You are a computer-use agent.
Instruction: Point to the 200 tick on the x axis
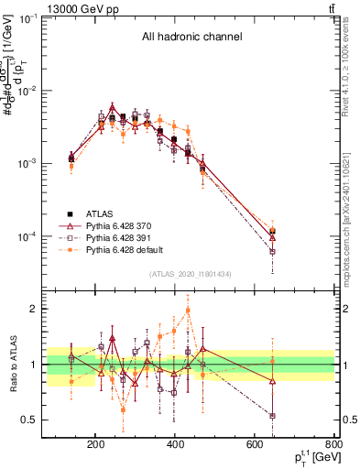click(96, 445)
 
